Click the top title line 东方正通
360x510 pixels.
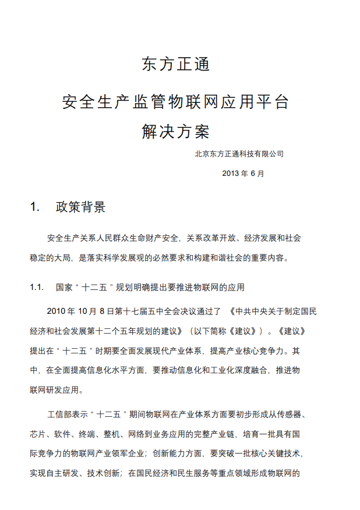pyautogui.click(x=176, y=64)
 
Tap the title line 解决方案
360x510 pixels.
pyautogui.click(x=176, y=132)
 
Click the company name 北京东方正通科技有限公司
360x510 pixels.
pyautogui.click(x=239, y=154)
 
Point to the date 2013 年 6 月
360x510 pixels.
pyautogui.click(x=243, y=173)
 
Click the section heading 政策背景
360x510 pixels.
pyautogui.click(x=81, y=207)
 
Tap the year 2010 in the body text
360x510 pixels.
pyautogui.click(x=57, y=311)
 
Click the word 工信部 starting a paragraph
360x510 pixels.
pyautogui.click(x=61, y=415)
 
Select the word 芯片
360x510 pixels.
pyautogui.click(x=38, y=434)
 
